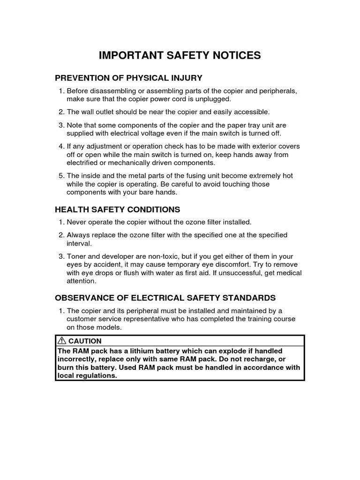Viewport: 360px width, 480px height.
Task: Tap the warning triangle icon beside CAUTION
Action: click(x=62, y=341)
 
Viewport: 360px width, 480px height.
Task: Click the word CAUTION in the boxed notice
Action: click(x=85, y=341)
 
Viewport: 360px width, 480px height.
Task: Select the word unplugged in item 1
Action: click(x=215, y=99)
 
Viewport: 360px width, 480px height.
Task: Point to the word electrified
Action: click(x=83, y=163)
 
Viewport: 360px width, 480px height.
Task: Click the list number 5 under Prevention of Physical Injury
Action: click(x=60, y=176)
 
